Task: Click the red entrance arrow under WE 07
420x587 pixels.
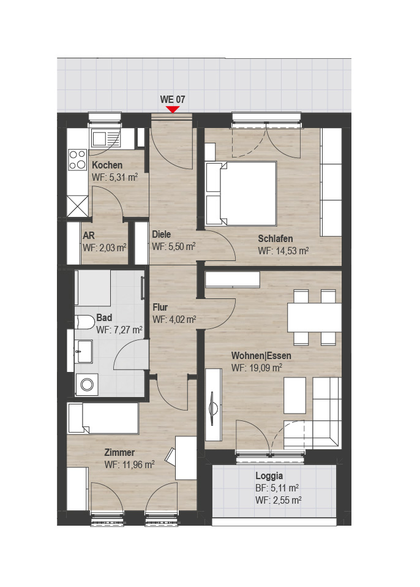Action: [x=173, y=109]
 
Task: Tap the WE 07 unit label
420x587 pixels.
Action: [x=173, y=99]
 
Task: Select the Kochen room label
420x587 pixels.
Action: [x=107, y=165]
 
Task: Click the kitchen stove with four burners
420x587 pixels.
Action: [x=77, y=160]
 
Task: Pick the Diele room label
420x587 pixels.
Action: [x=161, y=234]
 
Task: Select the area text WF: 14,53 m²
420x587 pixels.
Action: [x=283, y=251]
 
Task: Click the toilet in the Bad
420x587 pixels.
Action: [x=85, y=322]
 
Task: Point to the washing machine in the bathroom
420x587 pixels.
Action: [x=87, y=384]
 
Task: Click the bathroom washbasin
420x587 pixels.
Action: [x=83, y=352]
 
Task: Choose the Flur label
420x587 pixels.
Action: [x=160, y=308]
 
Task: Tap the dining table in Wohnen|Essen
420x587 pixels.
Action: [x=314, y=317]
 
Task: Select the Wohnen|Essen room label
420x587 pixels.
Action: [x=261, y=355]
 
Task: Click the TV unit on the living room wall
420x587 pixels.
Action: [x=213, y=404]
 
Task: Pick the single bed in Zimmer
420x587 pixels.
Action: [x=103, y=418]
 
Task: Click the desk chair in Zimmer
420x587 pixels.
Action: [x=170, y=456]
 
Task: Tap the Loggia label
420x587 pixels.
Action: [x=269, y=476]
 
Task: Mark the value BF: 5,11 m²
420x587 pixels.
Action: [x=277, y=488]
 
